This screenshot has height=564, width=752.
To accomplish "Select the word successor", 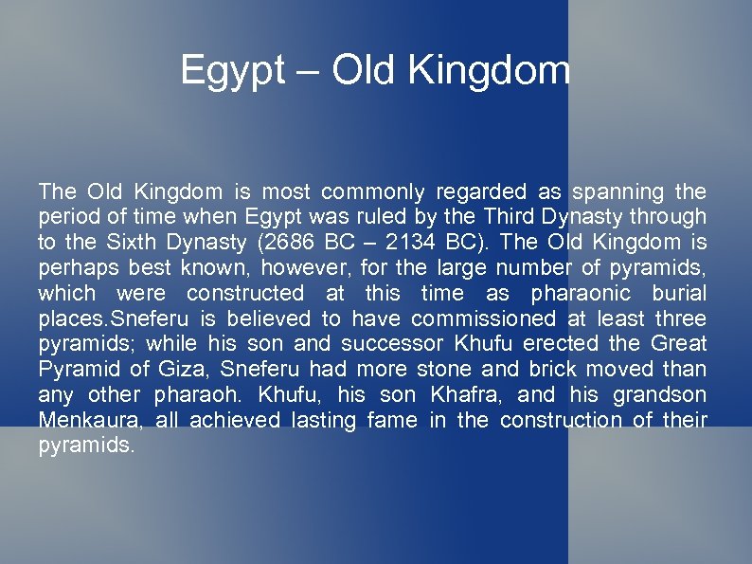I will point(387,343).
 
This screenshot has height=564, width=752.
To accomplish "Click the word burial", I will point(675,293).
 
